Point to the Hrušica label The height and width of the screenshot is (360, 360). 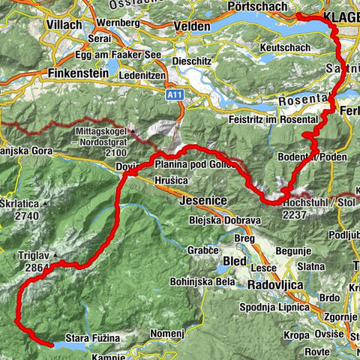click(171, 181)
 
